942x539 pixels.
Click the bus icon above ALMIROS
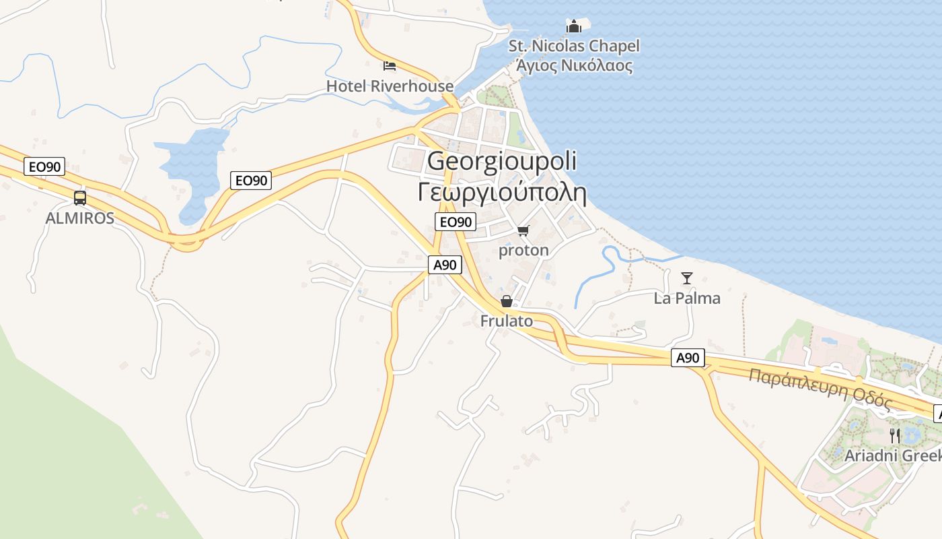point(80,198)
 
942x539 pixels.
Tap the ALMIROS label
point(79,218)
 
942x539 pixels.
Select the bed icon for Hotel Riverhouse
point(390,65)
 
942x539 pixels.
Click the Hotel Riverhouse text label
point(390,86)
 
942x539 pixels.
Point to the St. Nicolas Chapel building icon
point(573,26)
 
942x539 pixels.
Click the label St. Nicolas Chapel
point(574,46)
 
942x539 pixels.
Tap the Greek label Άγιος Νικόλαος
point(574,66)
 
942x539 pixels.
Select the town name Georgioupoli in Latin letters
point(502,162)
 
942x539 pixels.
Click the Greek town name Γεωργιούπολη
point(502,192)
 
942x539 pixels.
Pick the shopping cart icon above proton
point(523,231)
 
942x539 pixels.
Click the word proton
point(523,251)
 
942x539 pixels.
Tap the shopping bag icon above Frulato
point(506,301)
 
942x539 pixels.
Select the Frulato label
point(506,321)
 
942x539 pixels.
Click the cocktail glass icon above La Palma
point(687,278)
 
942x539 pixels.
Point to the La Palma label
point(687,298)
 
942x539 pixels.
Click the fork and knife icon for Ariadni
point(894,435)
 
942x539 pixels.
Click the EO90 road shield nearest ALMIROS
point(45,166)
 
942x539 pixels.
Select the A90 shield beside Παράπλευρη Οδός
point(688,358)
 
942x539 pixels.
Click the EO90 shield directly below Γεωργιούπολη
point(456,222)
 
